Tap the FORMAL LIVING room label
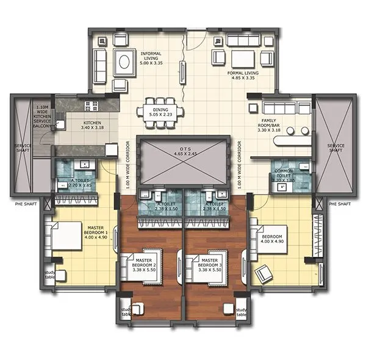click(x=243, y=75)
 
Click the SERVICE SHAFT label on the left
click(x=24, y=148)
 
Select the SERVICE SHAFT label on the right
click(x=335, y=148)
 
